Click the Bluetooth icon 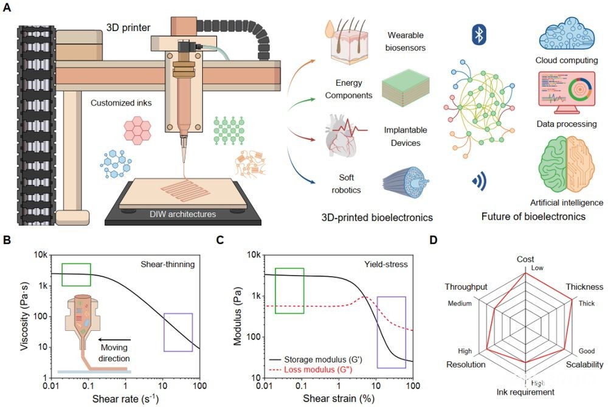click(x=479, y=35)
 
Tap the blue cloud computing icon click(x=567, y=33)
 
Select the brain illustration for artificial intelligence click(x=566, y=165)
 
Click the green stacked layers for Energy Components click(x=406, y=89)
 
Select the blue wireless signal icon click(x=479, y=181)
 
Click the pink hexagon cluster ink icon click(x=137, y=130)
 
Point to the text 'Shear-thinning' click(x=168, y=264)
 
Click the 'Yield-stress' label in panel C click(x=386, y=264)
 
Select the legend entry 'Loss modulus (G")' click(x=318, y=369)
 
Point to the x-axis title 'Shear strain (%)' click(x=339, y=398)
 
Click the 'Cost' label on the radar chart click(x=525, y=259)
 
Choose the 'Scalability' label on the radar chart click(x=584, y=364)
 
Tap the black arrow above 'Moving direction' click(x=114, y=340)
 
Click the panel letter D click(x=434, y=240)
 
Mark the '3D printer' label click(x=128, y=27)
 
